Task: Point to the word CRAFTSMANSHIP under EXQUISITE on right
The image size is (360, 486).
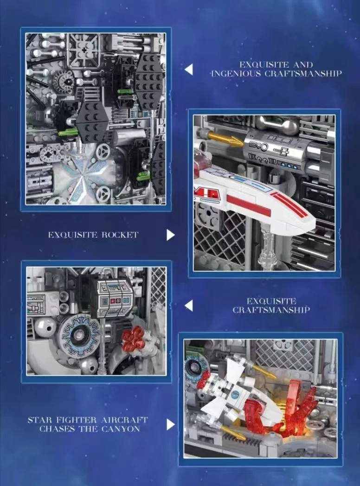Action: coord(271,310)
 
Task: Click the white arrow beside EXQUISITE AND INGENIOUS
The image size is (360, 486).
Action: coord(188,70)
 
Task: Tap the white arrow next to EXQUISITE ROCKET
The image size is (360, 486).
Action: coord(171,235)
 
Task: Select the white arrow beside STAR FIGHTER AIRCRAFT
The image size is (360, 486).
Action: coord(171,425)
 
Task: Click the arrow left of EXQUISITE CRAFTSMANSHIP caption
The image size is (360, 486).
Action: coord(188,306)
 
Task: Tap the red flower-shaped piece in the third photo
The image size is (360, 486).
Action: coord(133,339)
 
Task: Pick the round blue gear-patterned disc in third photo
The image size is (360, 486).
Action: coord(79,336)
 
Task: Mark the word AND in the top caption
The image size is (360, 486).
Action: coord(303,64)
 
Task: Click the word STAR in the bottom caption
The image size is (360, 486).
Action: coord(40,420)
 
